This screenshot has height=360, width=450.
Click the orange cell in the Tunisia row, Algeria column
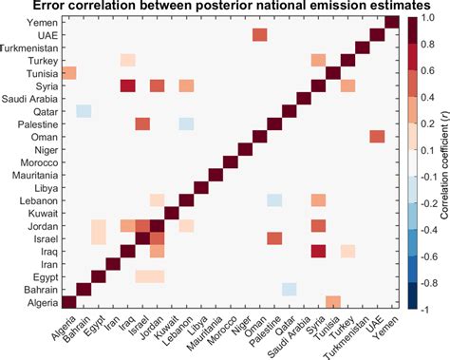[x=69, y=74]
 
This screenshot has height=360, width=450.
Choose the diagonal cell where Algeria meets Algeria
[x=69, y=302]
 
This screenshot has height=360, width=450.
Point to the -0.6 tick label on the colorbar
[x=430, y=256]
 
